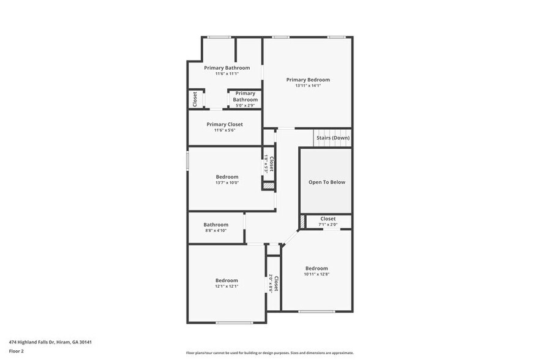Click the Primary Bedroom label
pos(308,80)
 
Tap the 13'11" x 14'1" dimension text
pos(308,86)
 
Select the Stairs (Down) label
pos(333,138)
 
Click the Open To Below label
pos(326,182)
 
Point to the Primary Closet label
pos(224,124)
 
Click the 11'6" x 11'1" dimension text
pos(227,73)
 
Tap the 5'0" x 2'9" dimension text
pos(245,105)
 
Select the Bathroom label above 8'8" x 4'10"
pos(216,225)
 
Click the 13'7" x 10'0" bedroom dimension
pos(227,182)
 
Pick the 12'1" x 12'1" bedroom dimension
pos(226,286)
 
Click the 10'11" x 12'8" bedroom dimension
pos(317,274)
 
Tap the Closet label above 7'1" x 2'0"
pos(328,219)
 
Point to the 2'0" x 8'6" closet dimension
pos(271,283)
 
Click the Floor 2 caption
pos(17,351)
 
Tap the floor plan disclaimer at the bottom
pos(269,353)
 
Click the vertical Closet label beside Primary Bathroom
pos(195,99)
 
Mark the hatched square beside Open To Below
pos(302,221)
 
